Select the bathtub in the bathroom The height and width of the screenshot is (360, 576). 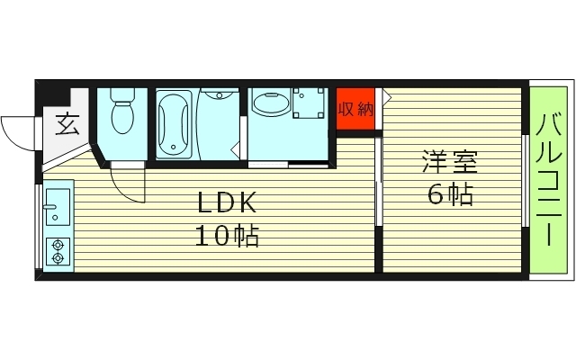pos(174,125)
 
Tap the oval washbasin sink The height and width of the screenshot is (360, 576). pos(267,104)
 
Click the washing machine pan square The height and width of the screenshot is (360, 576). pos(310,104)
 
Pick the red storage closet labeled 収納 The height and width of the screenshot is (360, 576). pos(355,109)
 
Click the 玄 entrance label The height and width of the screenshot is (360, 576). pos(67,123)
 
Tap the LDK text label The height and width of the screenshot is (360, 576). pos(226,202)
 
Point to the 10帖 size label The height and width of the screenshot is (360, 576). pos(226,236)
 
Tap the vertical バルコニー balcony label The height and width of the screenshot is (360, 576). pos(548,180)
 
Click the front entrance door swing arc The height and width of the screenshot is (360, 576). pos(20,133)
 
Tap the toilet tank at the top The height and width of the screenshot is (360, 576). pos(121,94)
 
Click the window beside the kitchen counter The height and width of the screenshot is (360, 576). pos(38,225)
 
